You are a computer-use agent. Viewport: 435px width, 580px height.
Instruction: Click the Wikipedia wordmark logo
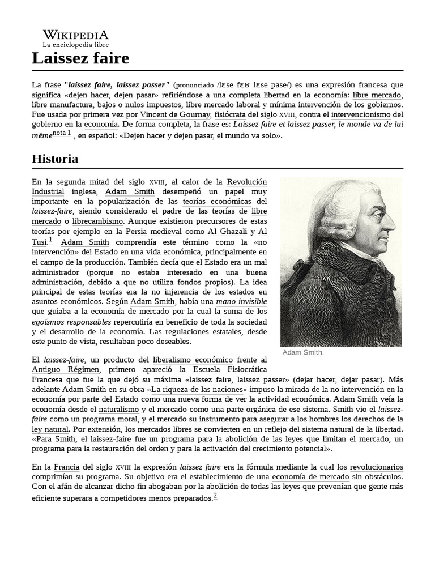75,35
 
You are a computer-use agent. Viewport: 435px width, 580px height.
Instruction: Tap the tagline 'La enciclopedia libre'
75,44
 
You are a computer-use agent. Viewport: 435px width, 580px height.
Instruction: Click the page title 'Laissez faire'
80,58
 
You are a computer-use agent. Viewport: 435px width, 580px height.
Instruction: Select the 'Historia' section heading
55,159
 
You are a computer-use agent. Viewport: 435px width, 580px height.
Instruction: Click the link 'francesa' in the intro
373,85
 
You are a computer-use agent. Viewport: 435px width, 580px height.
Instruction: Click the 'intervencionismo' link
368,114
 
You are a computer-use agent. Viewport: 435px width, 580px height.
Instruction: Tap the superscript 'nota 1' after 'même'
62,133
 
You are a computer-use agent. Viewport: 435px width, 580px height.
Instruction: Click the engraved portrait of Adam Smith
341,261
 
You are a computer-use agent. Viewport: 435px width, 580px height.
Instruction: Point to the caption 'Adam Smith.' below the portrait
303,353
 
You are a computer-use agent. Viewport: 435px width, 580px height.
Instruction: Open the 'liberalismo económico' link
193,360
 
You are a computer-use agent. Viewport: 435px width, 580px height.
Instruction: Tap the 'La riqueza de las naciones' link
198,390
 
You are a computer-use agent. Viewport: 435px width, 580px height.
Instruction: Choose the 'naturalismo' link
118,409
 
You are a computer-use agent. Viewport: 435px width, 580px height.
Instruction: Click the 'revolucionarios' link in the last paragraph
376,467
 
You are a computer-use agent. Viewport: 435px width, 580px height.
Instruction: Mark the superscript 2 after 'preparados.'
215,496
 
